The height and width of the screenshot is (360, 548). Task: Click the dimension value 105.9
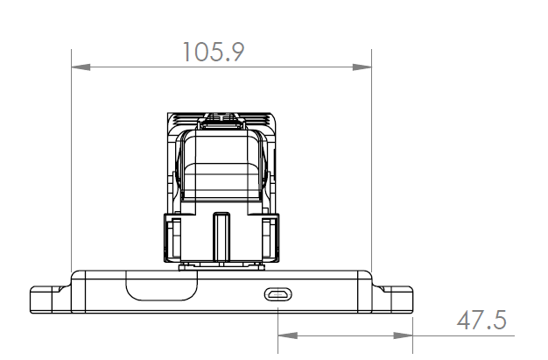pyautogui.click(x=214, y=52)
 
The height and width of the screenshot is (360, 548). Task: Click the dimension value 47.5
pyautogui.click(x=481, y=320)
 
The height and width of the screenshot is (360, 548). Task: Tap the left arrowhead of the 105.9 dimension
pyautogui.click(x=79, y=67)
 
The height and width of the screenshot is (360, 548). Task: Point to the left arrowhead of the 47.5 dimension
pyautogui.click(x=285, y=335)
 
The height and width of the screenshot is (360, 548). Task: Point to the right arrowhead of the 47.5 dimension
pyautogui.click(x=405, y=335)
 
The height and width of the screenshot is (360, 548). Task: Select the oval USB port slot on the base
pyautogui.click(x=278, y=294)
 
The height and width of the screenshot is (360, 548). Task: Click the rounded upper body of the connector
pyautogui.click(x=221, y=166)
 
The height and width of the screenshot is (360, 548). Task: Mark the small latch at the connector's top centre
pyautogui.click(x=221, y=116)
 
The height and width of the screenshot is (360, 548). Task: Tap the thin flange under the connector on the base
pyautogui.click(x=221, y=265)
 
